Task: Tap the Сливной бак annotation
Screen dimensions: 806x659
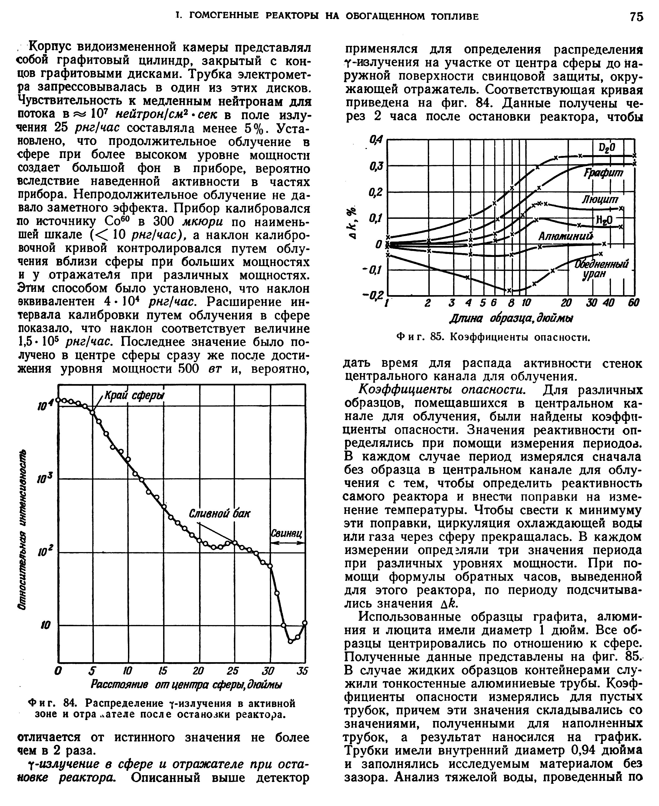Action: tap(219, 514)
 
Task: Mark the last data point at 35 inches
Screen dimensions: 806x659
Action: tap(305, 623)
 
